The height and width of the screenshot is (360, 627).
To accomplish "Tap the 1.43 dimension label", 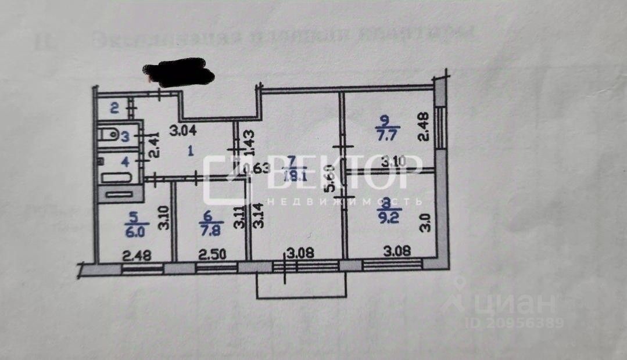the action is coord(248,141).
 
